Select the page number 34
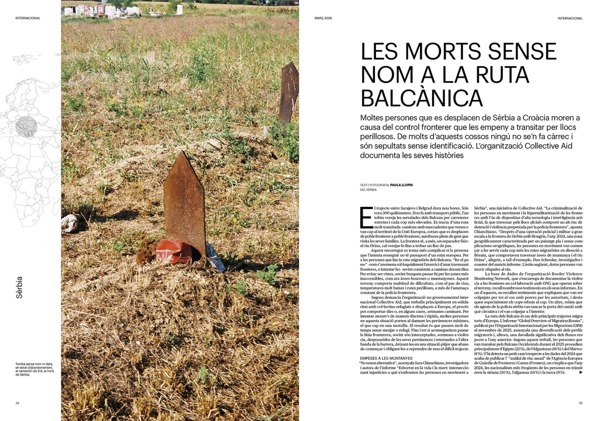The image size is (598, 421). (18, 402)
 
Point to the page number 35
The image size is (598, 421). (580, 402)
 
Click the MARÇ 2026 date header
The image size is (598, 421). (323, 18)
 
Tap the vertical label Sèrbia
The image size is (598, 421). (19, 287)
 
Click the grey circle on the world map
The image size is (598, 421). (26, 126)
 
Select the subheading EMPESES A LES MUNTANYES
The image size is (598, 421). (386, 357)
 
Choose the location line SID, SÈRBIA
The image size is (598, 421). (368, 190)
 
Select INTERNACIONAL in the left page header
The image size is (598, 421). (27, 18)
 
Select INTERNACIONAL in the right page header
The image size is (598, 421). (570, 18)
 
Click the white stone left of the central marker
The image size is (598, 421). (69, 222)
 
